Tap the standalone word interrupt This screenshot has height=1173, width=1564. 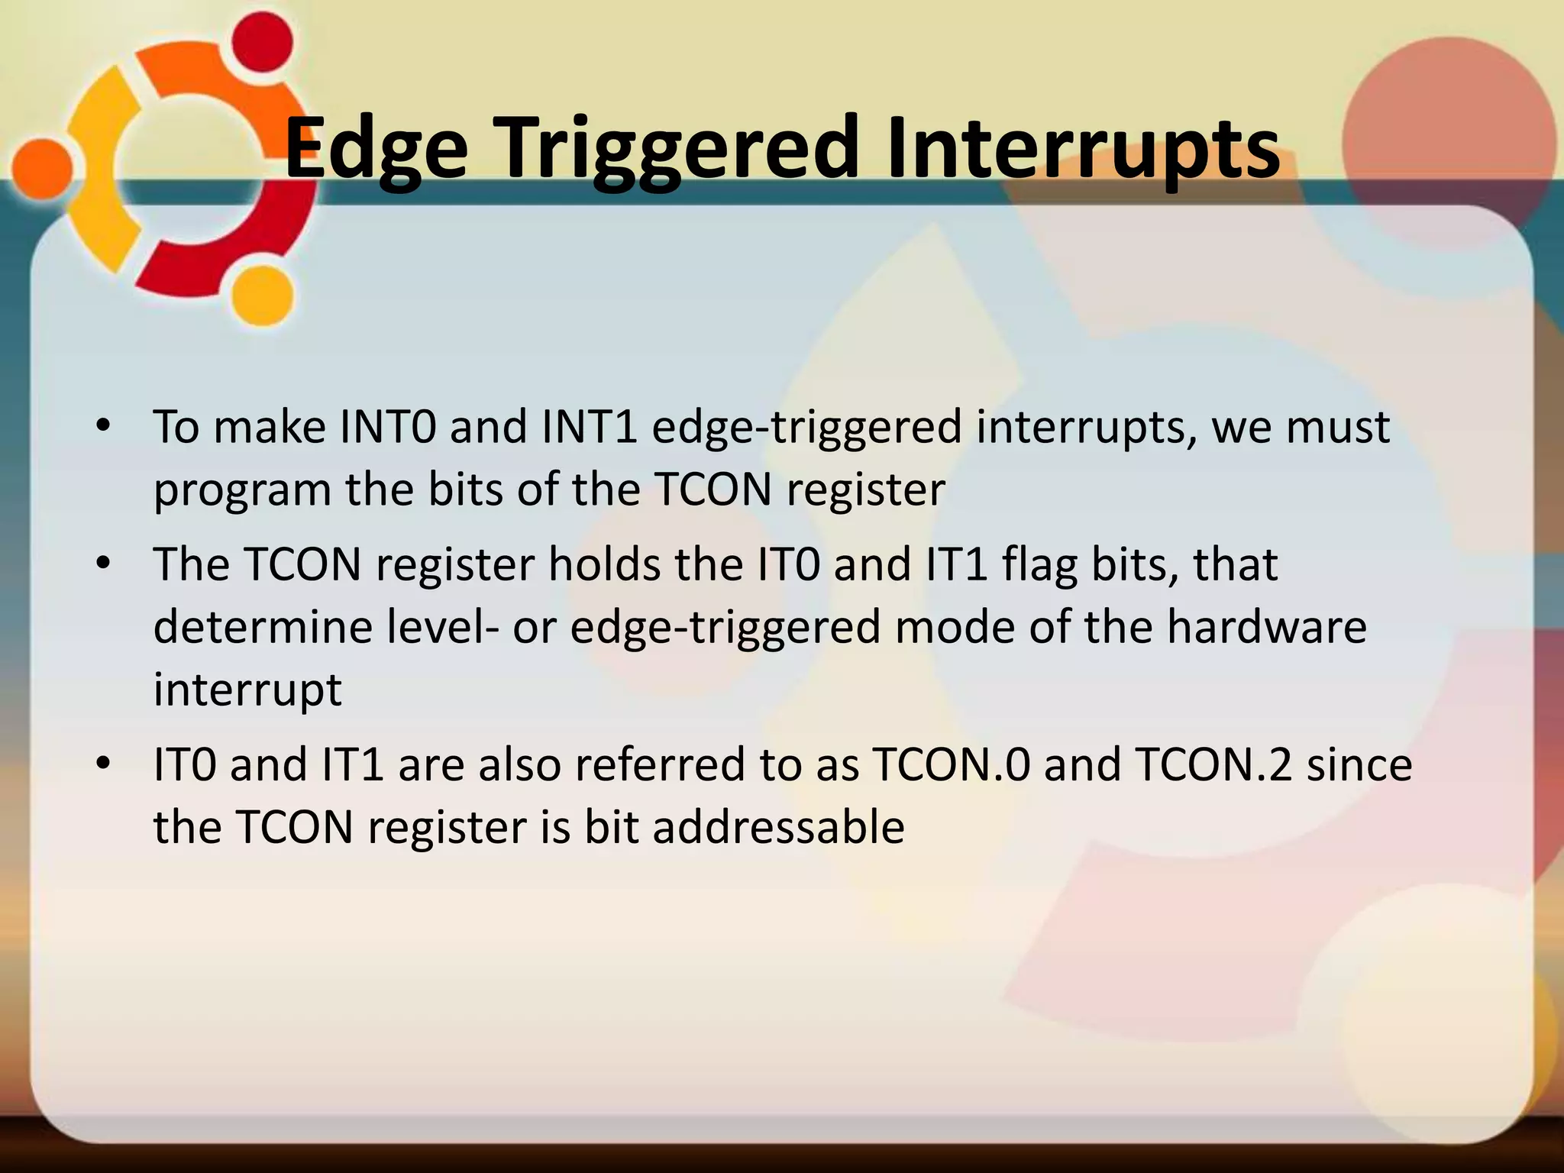tap(247, 690)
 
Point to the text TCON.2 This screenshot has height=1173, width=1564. tap(1213, 764)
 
